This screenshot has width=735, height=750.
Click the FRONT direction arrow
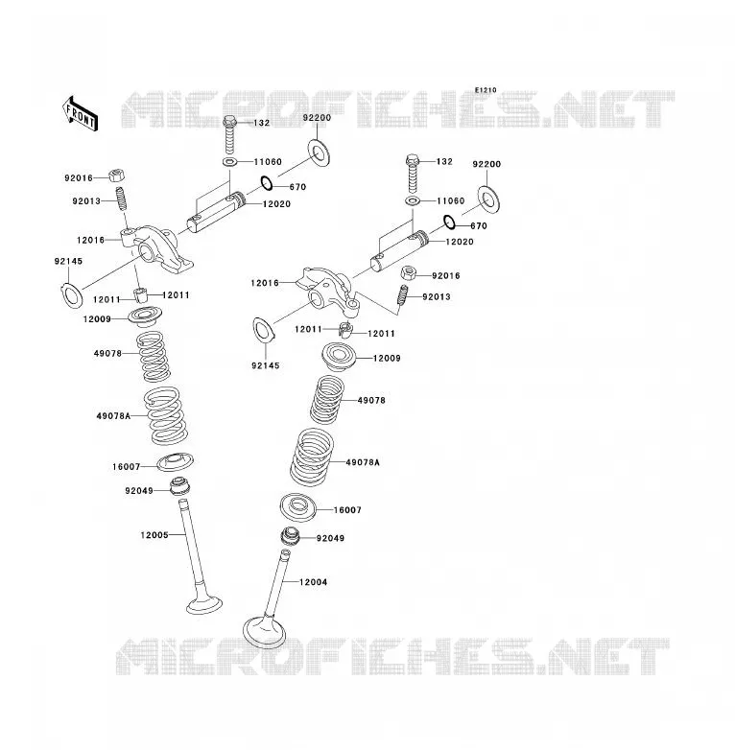[80, 114]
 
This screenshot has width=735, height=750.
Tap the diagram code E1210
[486, 90]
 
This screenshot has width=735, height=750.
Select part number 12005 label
[154, 535]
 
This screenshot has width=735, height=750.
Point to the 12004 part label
[314, 582]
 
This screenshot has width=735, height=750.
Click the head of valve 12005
[204, 604]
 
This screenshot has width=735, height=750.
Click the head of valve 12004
[265, 631]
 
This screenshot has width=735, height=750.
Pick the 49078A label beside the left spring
[113, 416]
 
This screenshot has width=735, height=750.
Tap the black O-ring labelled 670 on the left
[267, 183]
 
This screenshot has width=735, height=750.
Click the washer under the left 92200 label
[319, 152]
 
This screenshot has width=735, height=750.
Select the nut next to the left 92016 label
[116, 176]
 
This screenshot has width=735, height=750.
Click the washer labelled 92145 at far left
[72, 295]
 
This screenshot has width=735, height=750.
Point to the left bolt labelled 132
[230, 134]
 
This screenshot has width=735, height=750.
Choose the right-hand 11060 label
[450, 200]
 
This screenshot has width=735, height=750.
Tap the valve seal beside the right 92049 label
[290, 536]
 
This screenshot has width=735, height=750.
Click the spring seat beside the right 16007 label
[297, 507]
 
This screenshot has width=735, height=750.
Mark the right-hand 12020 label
[460, 242]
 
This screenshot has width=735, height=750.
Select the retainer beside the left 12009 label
[145, 316]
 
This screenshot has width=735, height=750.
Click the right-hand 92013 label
[437, 296]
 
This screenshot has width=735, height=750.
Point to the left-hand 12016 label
[90, 240]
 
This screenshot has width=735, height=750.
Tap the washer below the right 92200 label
[489, 199]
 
